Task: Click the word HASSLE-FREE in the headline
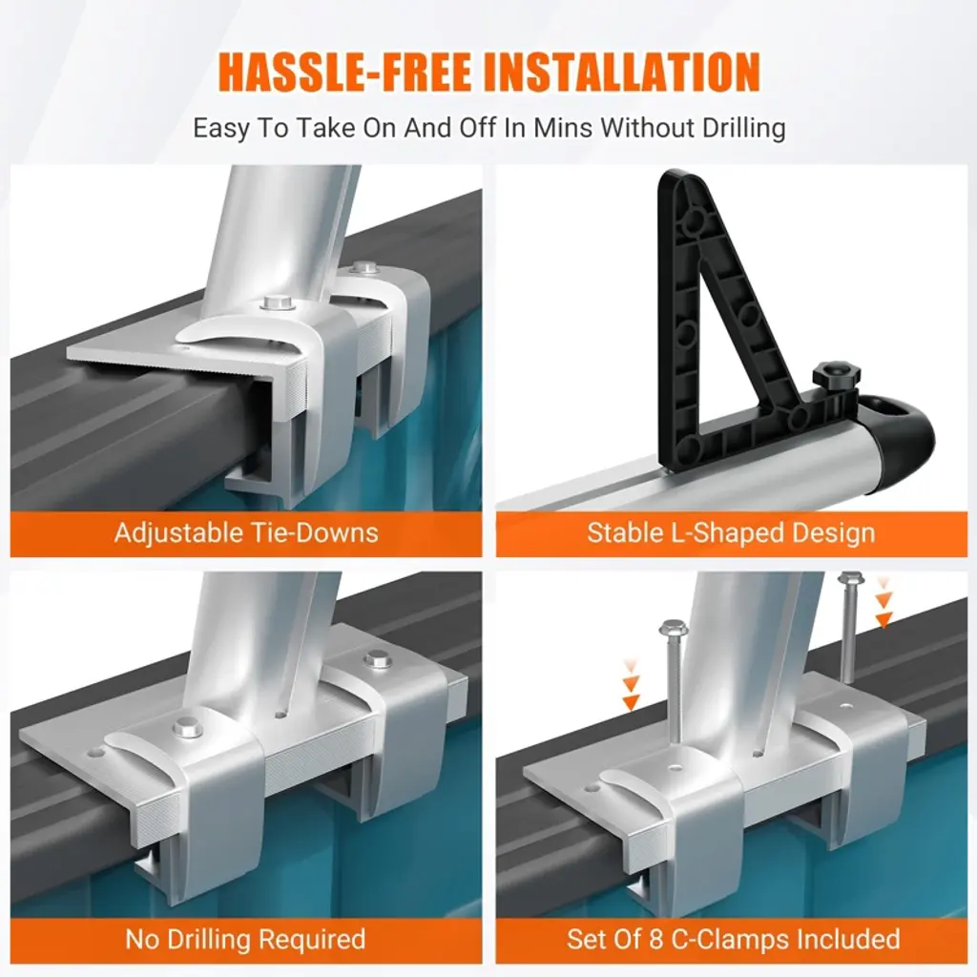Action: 343,73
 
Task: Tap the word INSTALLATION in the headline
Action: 622,73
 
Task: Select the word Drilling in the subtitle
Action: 743,129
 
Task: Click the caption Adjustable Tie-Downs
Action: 246,533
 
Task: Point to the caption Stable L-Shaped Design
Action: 731,534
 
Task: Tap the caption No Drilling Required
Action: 245,939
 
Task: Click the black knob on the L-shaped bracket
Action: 836,378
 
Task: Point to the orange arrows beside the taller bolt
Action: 883,602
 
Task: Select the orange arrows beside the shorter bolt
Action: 631,685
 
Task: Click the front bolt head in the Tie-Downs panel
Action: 279,303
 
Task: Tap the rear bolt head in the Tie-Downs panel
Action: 364,268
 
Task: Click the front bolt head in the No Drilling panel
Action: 187,726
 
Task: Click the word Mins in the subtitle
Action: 560,128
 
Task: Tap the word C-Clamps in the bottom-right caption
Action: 736,939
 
